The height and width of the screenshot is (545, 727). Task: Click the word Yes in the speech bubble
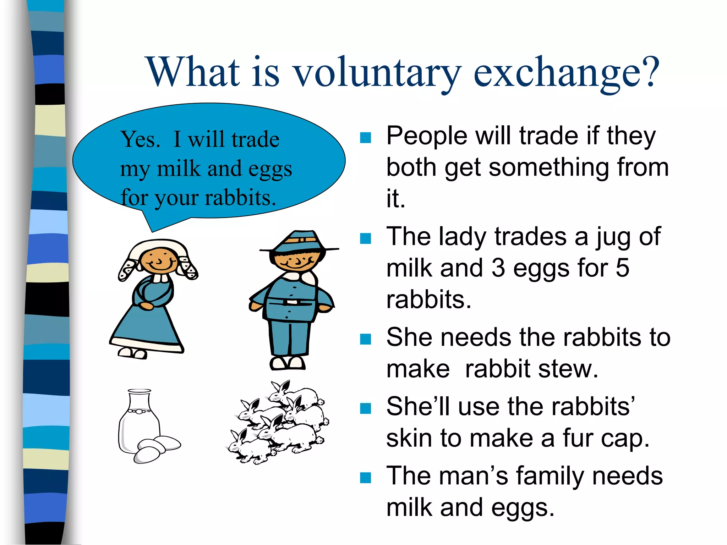coord(140,139)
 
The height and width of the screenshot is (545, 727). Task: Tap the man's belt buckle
coord(292,302)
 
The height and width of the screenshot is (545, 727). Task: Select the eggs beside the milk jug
coord(156,449)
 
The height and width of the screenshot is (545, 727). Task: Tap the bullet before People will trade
coord(365,137)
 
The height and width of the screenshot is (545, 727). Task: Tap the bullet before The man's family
coord(365,478)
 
